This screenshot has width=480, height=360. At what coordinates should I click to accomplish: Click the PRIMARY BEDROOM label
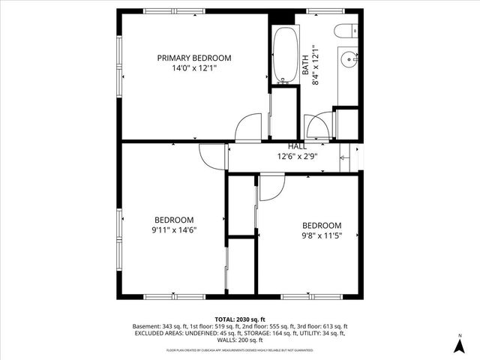(193, 58)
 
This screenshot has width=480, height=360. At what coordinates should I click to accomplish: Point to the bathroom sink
(348, 60)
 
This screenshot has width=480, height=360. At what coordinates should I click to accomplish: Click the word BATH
(306, 65)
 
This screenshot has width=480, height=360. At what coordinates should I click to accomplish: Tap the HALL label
(298, 146)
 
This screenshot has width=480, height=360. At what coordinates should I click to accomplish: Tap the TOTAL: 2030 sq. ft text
(239, 319)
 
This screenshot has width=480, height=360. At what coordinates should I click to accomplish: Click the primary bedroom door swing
(249, 127)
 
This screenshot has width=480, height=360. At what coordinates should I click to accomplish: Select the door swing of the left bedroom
(213, 155)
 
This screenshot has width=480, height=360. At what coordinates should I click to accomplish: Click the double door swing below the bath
(316, 125)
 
